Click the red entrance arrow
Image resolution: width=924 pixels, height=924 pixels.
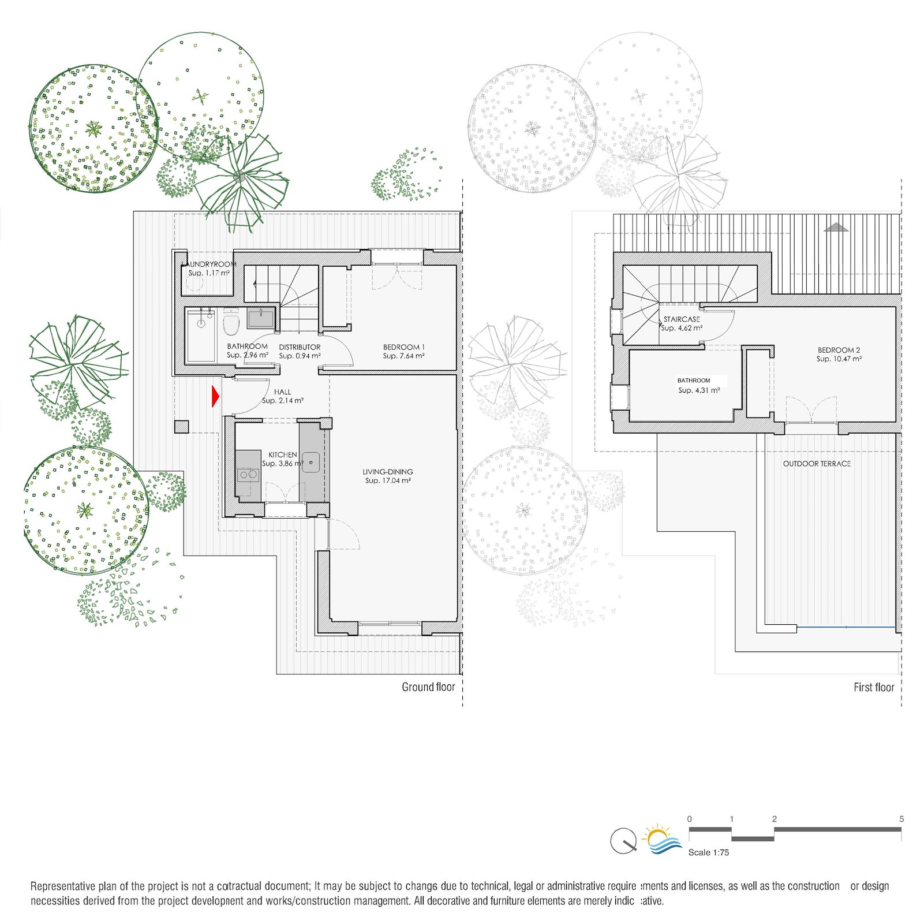pyautogui.click(x=215, y=396)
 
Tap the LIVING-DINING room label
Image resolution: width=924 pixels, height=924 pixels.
pyautogui.click(x=388, y=472)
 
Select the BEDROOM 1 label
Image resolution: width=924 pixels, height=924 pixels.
pyautogui.click(x=404, y=347)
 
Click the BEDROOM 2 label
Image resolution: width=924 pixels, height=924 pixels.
pyautogui.click(x=839, y=350)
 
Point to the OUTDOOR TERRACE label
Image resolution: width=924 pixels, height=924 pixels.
pyautogui.click(x=817, y=464)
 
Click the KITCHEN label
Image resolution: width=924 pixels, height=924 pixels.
pyautogui.click(x=283, y=455)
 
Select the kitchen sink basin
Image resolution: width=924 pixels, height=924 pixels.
pyautogui.click(x=312, y=461)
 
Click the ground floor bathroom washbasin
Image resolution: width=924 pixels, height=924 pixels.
pyautogui.click(x=261, y=318)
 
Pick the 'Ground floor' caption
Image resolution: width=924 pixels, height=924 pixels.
pyautogui.click(x=428, y=687)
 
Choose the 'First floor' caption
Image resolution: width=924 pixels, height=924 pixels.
pyautogui.click(x=874, y=687)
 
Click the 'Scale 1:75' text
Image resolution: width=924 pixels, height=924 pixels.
pyautogui.click(x=709, y=852)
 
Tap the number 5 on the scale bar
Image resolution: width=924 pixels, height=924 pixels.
pyautogui.click(x=901, y=819)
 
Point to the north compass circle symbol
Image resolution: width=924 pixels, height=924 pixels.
pyautogui.click(x=623, y=841)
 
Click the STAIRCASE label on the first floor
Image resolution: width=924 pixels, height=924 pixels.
pyautogui.click(x=682, y=319)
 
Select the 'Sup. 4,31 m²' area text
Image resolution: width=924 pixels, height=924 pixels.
pyautogui.click(x=699, y=390)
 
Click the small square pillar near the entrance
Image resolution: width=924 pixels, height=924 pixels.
pyautogui.click(x=181, y=427)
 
